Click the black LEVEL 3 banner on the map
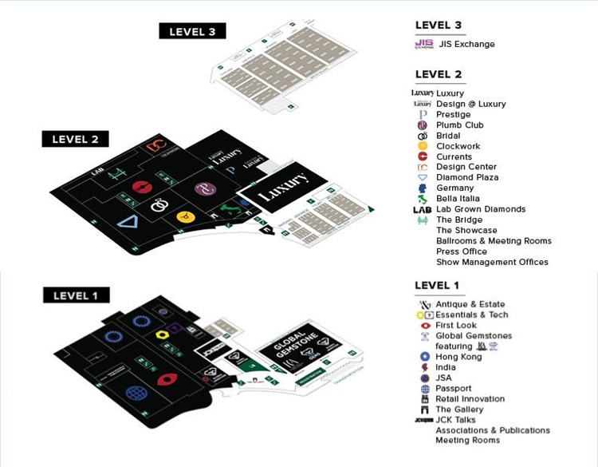coord(192,31)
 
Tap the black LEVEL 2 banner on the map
coord(75,139)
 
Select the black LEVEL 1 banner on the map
coord(76,295)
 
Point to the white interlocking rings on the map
coord(160,205)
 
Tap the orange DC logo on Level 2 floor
coord(155,146)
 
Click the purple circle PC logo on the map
coord(203,189)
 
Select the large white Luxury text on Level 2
coord(283,192)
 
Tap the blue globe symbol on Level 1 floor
coord(135,393)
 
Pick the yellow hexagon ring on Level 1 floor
coord(162,334)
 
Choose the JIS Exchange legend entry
coord(466,44)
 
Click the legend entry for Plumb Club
coord(460,125)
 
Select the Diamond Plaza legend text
coord(467,178)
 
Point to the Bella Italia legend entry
coord(462,199)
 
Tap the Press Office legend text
coord(463,251)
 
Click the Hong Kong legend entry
coord(458,357)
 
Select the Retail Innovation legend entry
coord(470,399)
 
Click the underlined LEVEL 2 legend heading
coord(438,74)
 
